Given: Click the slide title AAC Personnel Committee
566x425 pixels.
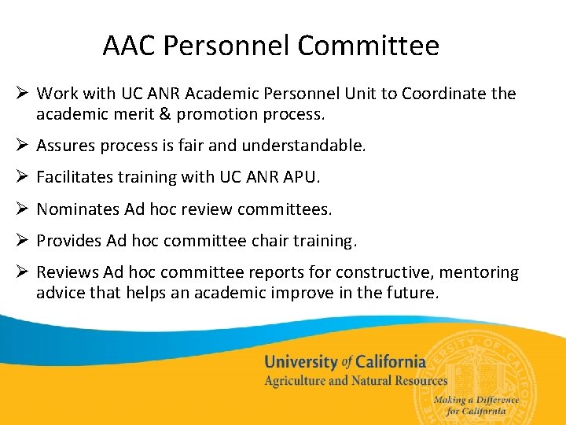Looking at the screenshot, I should coord(270,46).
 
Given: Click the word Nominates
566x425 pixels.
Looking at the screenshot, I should coord(78,209).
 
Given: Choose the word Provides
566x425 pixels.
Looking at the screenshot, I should coord(69,241).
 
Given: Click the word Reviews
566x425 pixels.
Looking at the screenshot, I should coord(68,272).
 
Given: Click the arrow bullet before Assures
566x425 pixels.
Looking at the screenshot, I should coord(22,146).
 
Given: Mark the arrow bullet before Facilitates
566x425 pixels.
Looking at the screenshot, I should coord(22,178).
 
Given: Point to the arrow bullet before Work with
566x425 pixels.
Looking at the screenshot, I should coord(22,94).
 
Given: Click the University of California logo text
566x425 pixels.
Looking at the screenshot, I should coord(344,362).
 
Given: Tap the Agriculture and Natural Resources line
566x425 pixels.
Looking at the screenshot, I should coord(355,381).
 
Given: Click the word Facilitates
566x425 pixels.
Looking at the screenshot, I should coord(75,178).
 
